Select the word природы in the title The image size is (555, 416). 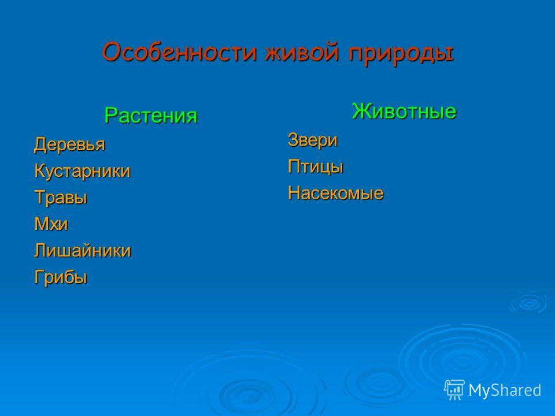pos(401,54)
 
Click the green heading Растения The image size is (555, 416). pos(151,116)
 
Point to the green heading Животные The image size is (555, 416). pos(404,111)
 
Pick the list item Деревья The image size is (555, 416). pos(70,144)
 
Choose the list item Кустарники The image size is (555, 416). pos(83,171)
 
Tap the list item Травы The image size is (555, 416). pos(61,198)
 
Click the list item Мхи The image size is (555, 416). pos(51,224)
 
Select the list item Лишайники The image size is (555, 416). pos(83,250)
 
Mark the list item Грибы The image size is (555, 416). pos(61,277)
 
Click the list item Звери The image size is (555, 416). pos(313,140)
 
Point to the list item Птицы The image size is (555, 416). pos(316,166)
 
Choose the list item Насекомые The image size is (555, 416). pos(335,193)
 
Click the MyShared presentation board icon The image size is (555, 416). pos(454,389)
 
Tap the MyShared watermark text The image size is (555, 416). pos(505,391)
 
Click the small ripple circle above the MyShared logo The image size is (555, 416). pos(529,303)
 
